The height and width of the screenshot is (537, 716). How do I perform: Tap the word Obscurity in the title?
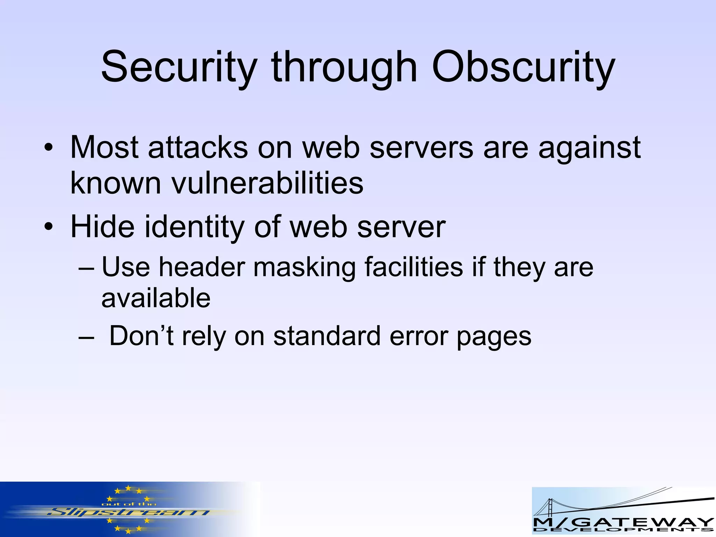[523, 67]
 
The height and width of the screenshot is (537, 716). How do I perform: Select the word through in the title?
[344, 67]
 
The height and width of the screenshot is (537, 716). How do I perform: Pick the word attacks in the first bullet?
[198, 148]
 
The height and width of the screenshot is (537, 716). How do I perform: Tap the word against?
[589, 148]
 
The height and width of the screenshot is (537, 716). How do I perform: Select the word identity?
[194, 227]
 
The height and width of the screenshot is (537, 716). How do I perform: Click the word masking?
[304, 267]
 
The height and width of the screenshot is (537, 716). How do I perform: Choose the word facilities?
[414, 267]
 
